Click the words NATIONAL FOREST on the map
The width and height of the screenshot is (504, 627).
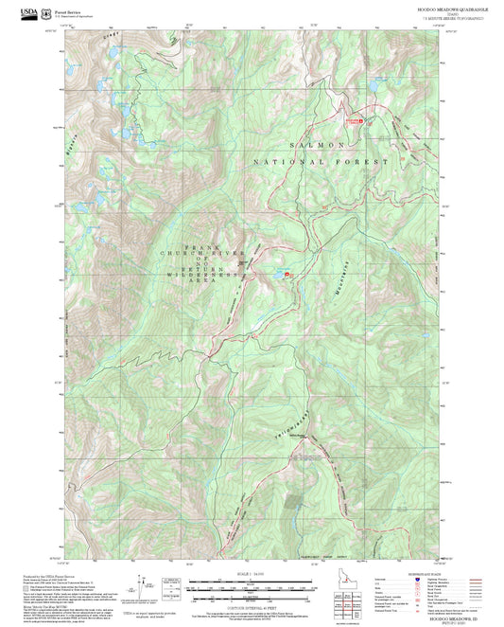tap(322, 163)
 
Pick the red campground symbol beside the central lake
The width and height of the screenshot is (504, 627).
tap(287, 276)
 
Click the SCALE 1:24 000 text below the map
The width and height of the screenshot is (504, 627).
tap(251, 573)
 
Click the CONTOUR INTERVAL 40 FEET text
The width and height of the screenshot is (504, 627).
tap(251, 607)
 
